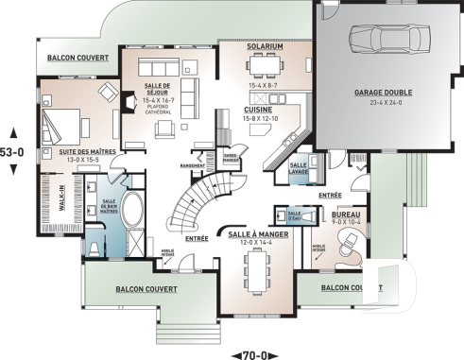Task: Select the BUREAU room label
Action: coord(346,215)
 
